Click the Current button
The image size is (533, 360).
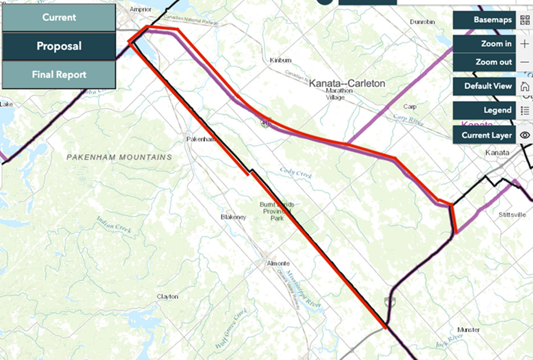coord(59,17)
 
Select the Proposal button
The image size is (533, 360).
coord(59,46)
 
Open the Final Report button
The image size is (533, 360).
coord(59,74)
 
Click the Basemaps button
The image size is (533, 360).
coord(485,20)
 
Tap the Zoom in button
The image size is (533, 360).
coord(485,43)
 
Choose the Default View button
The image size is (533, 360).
coord(485,86)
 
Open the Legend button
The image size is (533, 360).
coord(485,110)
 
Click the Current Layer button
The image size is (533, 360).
coord(485,135)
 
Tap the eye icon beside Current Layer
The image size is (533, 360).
coord(525,135)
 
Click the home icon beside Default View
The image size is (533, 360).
coord(525,86)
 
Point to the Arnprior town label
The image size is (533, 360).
coord(140,9)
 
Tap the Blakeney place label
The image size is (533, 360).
coord(233,217)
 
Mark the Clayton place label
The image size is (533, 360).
coord(168,297)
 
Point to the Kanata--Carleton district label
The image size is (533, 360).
coord(347,83)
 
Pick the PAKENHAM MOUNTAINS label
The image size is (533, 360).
coord(119,157)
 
